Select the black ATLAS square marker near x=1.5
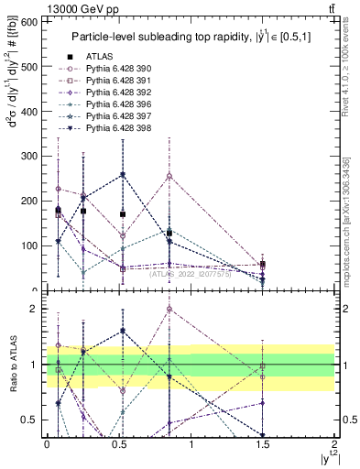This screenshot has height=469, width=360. pos(263,264)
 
